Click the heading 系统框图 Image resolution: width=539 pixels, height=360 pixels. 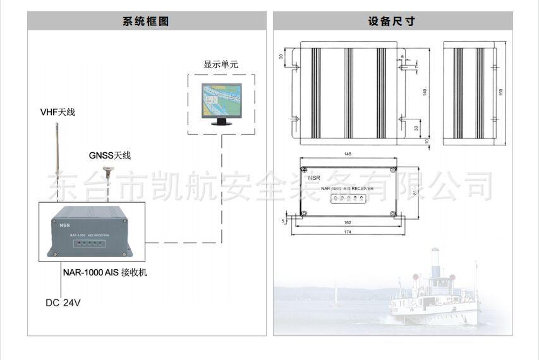pos(146,21)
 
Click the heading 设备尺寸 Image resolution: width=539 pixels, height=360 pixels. pos(392,21)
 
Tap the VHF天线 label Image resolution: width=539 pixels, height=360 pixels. pos(58,112)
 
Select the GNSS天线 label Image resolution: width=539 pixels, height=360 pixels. pos(110,155)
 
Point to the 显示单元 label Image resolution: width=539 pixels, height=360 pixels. pos(221,64)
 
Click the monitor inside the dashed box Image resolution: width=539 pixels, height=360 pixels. pos(221,103)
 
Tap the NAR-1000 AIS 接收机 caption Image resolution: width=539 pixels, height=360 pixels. pos(105,273)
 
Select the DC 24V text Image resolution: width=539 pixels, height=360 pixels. pos(63,303)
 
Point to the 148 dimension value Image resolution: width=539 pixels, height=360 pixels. pos(348,154)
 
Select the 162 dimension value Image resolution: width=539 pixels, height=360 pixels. pos(348,223)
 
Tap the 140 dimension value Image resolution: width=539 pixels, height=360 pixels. pos(425,92)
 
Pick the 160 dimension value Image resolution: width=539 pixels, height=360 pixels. pos(501,92)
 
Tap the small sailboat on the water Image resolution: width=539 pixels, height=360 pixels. pos(336,297)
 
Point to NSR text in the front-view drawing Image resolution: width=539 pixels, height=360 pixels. pos(314,178)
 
